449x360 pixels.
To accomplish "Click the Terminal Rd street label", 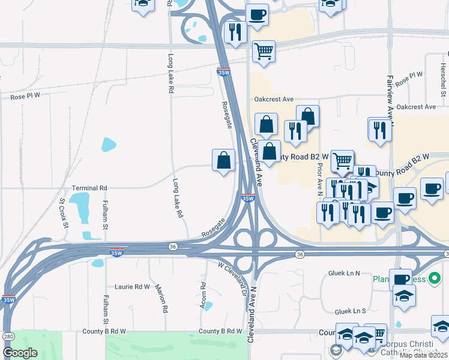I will [89, 188].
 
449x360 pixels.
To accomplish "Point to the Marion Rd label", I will [161, 298].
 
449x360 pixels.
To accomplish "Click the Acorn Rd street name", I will [204, 296].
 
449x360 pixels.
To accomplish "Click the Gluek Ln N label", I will [344, 273].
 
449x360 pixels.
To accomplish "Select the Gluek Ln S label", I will [351, 311].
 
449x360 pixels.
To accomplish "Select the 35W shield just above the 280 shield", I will [8, 299].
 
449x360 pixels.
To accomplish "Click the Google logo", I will [20, 353].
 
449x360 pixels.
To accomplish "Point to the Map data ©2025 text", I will [424, 355].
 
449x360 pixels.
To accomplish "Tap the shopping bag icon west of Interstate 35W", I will [223, 160].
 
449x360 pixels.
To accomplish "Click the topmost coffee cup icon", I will [257, 14].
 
